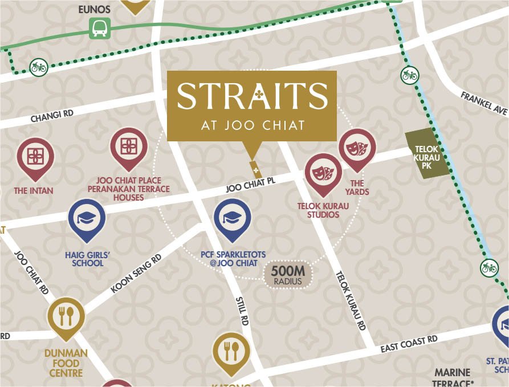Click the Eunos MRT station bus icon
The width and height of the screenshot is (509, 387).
click(99, 28)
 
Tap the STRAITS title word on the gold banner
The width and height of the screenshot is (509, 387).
click(252, 96)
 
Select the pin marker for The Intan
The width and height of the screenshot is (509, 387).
click(35, 156)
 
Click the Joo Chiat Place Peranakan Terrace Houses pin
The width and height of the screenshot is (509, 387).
click(128, 146)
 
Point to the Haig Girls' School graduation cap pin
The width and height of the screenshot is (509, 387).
click(87, 219)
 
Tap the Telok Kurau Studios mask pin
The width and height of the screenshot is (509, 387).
click(323, 172)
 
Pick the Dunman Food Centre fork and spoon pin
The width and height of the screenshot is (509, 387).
click(66, 316)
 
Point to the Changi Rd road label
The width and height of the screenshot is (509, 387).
click(52, 117)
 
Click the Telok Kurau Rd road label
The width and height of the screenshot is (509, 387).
click(350, 300)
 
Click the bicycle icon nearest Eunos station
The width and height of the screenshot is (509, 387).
click(39, 67)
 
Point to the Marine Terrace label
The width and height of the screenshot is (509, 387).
click(452, 378)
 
